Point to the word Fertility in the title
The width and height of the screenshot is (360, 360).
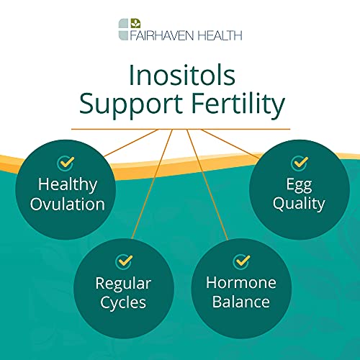click(x=233, y=105)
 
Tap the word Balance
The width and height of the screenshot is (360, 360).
click(x=240, y=301)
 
